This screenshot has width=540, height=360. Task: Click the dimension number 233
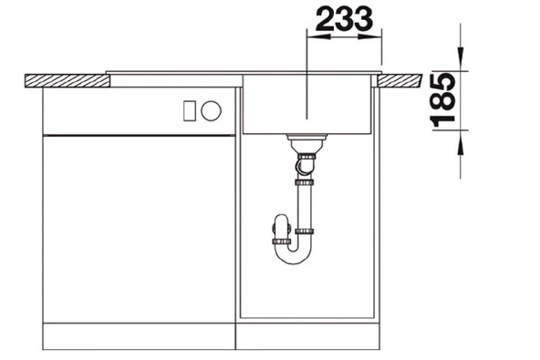coord(344,19)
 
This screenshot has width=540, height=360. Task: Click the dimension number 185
coord(443,100)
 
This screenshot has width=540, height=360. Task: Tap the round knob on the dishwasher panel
coord(211,111)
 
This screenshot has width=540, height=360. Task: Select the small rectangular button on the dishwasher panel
coord(190,111)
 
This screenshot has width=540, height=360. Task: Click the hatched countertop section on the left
coord(67,80)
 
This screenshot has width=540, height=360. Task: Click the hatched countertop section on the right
coord(400,80)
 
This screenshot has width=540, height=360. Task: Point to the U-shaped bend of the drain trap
coord(293,253)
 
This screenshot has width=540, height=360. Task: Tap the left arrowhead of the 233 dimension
coord(318,36)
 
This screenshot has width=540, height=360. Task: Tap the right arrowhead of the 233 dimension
coord(369,36)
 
